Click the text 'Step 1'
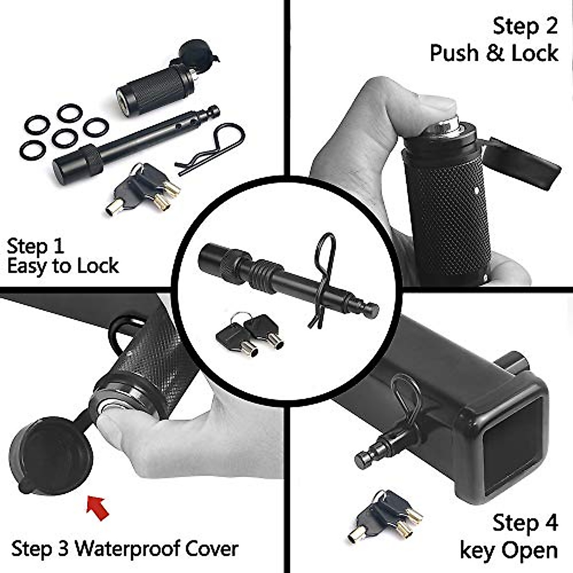(35, 246)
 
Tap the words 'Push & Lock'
(494, 53)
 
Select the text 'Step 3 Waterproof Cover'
(124, 549)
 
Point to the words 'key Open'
(509, 550)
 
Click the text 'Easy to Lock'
(63, 266)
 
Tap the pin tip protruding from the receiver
(370, 456)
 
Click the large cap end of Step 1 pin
(72, 162)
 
